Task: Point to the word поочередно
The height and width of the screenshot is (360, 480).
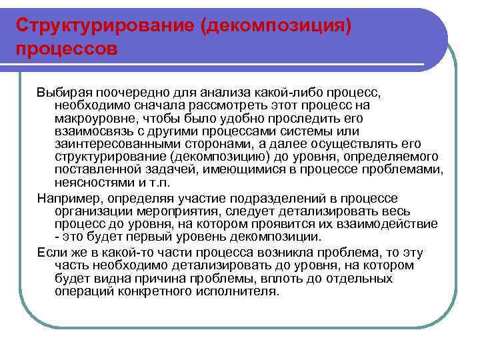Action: pyautogui.click(x=127, y=92)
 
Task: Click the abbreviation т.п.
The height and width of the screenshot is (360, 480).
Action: pyautogui.click(x=163, y=182)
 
